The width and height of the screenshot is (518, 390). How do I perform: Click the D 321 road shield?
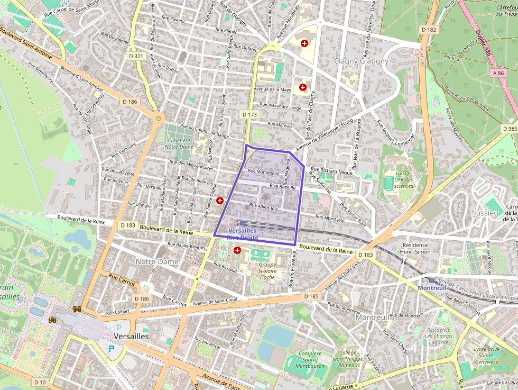136,56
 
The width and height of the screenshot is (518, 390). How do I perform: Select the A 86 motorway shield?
497,74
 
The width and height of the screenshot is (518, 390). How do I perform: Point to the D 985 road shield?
510,129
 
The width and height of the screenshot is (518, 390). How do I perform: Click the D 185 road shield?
311,296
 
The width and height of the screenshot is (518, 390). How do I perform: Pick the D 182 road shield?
429,30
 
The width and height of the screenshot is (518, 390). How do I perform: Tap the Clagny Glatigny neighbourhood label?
361,61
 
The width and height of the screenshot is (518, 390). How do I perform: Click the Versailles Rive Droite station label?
243,234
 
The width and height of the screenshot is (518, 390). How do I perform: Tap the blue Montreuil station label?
432,287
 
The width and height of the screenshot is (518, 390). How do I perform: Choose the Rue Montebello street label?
263,172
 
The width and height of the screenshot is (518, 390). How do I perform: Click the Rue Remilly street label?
283,187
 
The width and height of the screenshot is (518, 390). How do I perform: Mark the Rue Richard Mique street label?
331,171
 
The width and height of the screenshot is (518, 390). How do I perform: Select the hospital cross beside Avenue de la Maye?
303,87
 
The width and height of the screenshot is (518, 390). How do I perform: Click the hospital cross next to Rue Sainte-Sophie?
220,201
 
